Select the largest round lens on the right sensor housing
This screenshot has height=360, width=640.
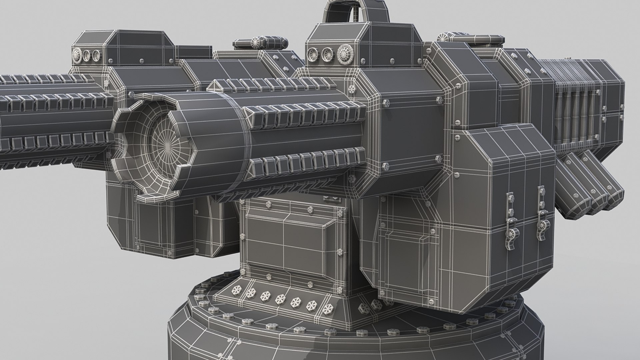(345, 53)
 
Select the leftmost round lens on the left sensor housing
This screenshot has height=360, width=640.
(77, 55)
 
